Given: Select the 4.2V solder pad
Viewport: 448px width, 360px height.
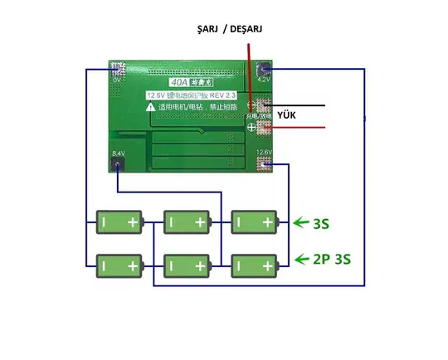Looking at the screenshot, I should point(264,71).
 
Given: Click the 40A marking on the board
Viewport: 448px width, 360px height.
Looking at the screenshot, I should point(178,82).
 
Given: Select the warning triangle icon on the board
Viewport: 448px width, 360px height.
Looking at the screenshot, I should point(151,107).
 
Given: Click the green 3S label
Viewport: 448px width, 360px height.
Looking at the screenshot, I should point(321,223).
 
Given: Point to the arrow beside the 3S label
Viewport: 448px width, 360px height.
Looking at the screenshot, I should point(300,222).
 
